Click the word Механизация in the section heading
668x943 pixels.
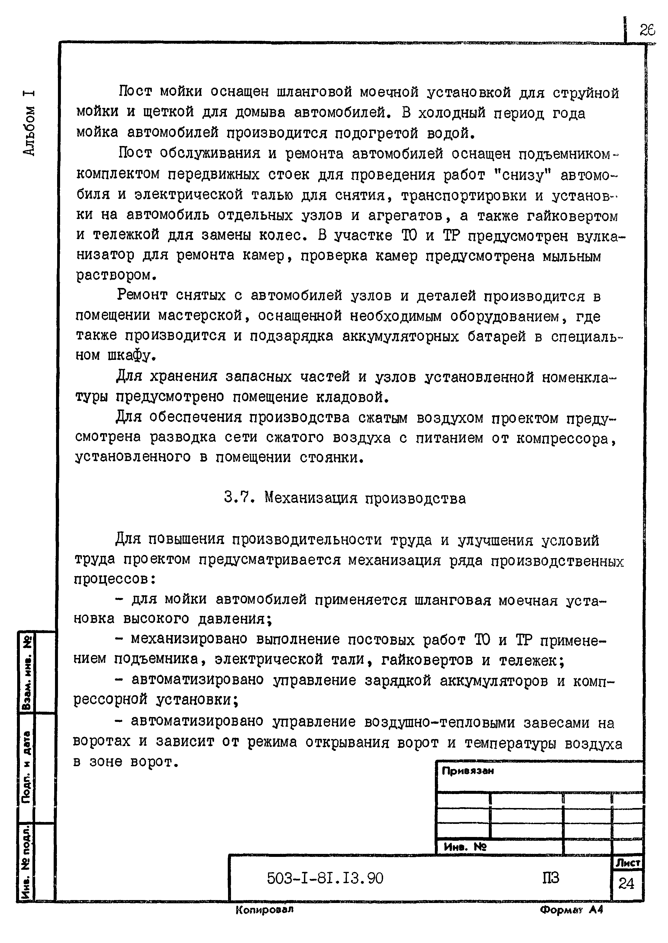click(311, 498)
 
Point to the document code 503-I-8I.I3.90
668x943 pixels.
click(325, 878)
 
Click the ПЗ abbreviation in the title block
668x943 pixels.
click(550, 878)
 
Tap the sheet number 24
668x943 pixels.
click(626, 883)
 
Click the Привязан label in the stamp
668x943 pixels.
click(467, 771)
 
